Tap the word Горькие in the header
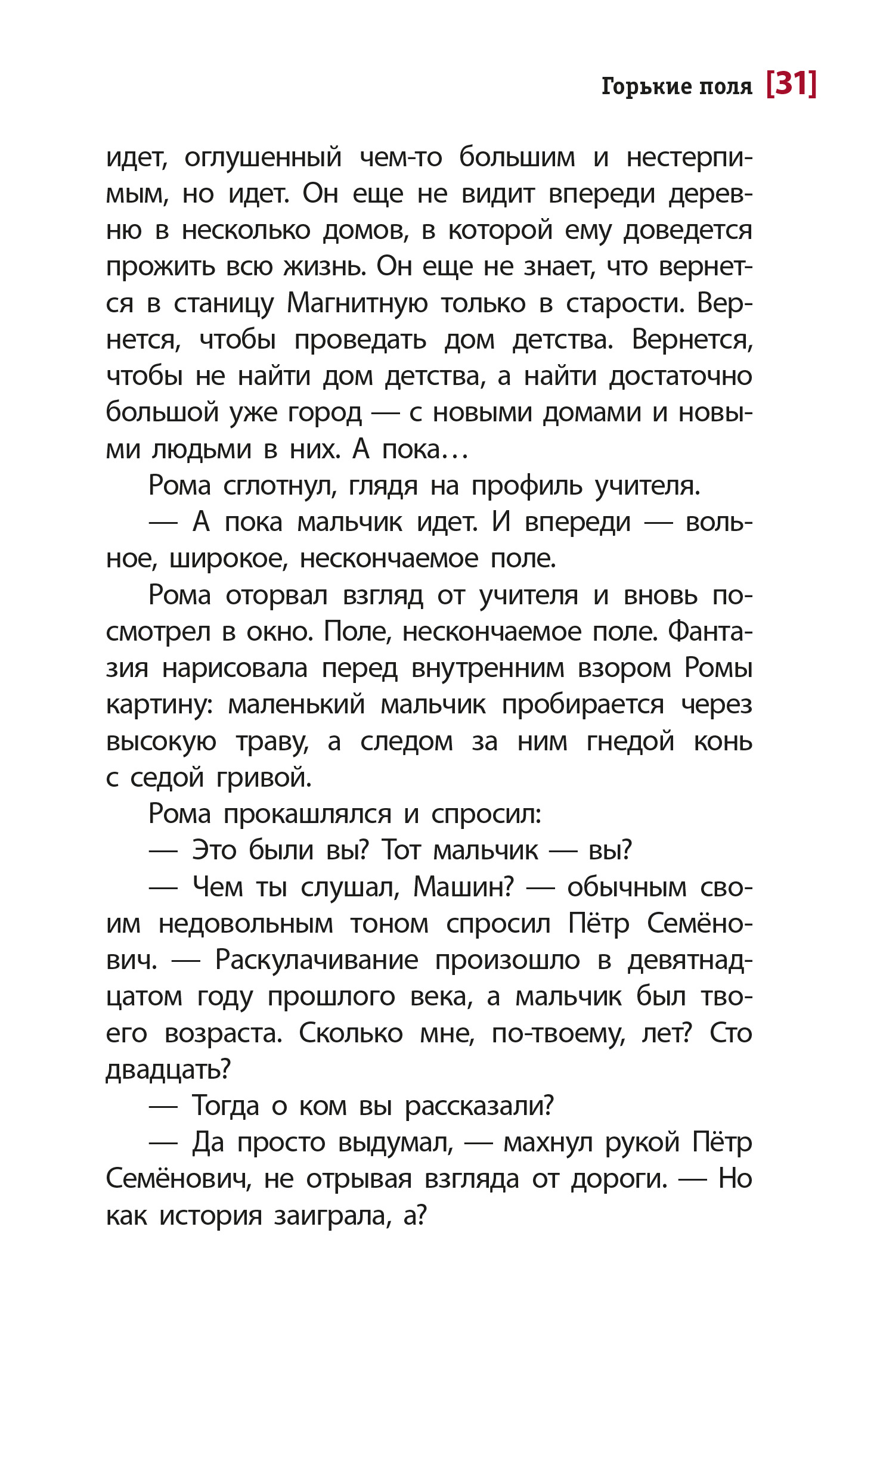click(647, 86)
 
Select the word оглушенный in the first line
click(263, 158)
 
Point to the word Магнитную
click(357, 303)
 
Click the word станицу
click(224, 304)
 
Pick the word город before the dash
click(324, 413)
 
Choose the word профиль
click(526, 486)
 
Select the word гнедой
click(630, 742)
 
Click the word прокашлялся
click(307, 815)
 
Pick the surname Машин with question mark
click(463, 887)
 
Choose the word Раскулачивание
click(317, 960)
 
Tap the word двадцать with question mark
click(168, 1070)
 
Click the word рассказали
click(479, 1106)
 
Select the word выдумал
click(395, 1142)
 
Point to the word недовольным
click(246, 924)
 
